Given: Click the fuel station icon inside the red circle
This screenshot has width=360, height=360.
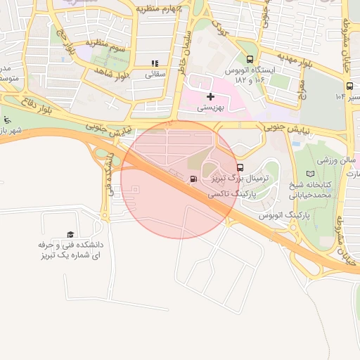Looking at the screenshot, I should coord(193,179).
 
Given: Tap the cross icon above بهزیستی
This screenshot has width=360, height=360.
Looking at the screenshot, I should coord(210,96).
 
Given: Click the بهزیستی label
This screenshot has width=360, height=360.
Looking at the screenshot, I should coord(210,108).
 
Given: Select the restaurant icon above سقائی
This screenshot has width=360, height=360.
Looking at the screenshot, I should coord(155,63).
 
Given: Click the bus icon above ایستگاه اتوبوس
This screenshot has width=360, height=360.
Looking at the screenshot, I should coord(250,60).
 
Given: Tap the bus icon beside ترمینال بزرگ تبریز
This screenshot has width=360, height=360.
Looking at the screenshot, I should coord(240,168).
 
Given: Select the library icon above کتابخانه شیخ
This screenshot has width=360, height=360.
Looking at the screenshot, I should coord(311,174).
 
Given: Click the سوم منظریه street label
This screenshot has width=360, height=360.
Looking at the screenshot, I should coord(108,45).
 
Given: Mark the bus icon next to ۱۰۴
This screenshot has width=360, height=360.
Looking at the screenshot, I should coord(349,85).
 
